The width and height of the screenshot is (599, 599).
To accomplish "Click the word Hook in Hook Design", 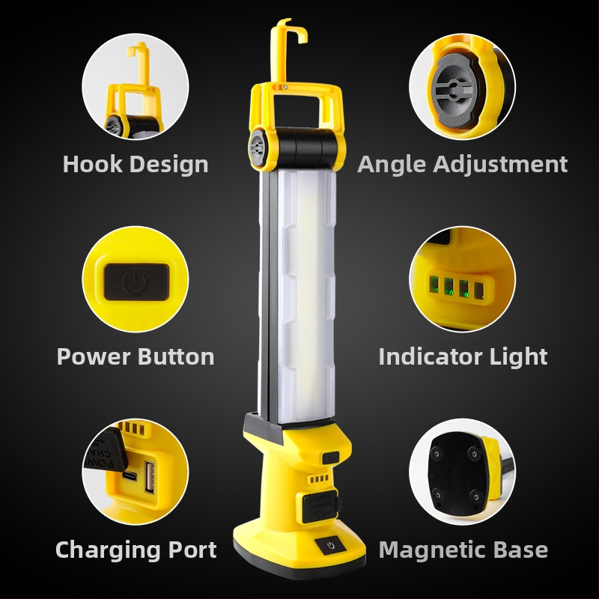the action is point(93,164).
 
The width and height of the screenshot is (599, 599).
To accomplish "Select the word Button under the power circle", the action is point(176,357).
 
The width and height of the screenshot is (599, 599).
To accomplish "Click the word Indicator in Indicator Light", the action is point(431,357).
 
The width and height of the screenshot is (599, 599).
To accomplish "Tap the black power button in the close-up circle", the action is point(136,282).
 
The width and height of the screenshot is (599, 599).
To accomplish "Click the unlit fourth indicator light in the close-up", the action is point(479,291).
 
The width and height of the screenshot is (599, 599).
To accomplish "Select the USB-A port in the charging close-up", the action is point(149,478).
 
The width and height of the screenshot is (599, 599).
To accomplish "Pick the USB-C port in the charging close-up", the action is point(130,476).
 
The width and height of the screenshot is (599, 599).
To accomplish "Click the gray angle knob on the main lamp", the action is point(258,148).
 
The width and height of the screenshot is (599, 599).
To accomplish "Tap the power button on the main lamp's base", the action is point(331,545).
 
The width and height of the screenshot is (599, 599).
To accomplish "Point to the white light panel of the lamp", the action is point(305,296).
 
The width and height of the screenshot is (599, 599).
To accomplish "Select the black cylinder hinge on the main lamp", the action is point(307,147).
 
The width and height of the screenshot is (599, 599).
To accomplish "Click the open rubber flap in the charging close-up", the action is point(104,450).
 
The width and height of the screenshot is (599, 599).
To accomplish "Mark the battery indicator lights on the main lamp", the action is point(319,478).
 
